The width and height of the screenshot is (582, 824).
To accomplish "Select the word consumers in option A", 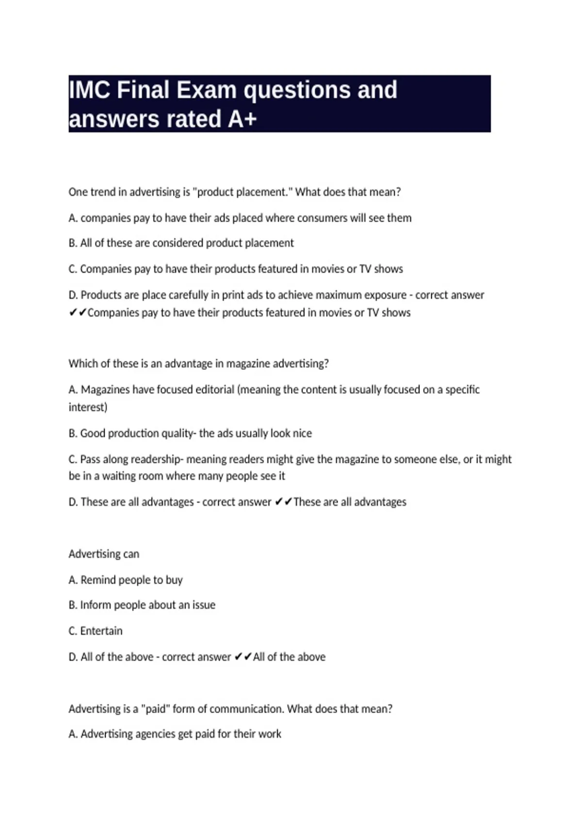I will (x=322, y=218).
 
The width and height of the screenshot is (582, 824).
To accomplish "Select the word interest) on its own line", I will (x=88, y=407).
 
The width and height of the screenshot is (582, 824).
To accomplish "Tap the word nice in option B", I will (x=302, y=433).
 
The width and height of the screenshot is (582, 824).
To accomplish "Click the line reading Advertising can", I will (x=104, y=554).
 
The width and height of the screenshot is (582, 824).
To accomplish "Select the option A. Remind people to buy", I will (x=126, y=580).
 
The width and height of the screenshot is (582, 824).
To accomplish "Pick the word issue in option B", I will (x=204, y=605).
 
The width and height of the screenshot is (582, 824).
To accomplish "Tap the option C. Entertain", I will (x=96, y=631).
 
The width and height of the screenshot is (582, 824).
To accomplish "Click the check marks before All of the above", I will (x=242, y=657).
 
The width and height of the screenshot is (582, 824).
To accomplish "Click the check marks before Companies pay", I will (x=78, y=313).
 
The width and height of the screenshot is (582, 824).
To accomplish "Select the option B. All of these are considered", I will (x=181, y=243).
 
